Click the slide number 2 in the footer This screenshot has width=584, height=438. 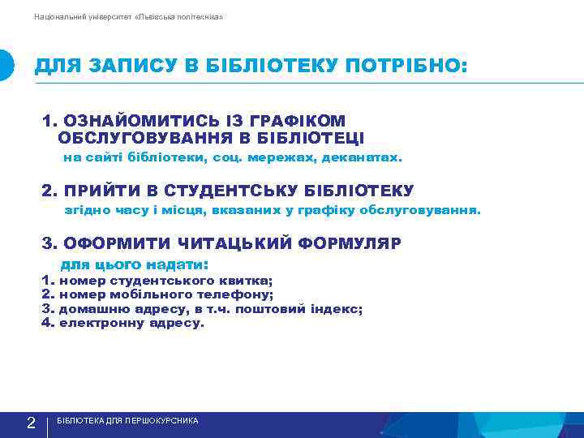point(30,423)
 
